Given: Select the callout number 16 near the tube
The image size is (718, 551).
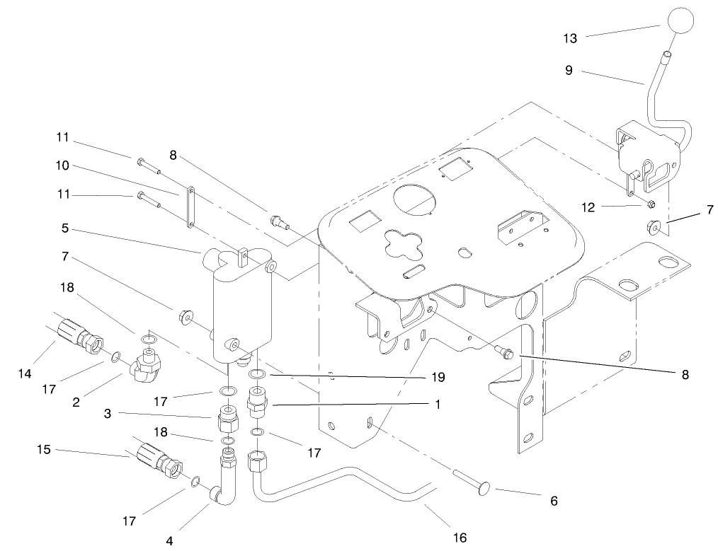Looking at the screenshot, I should (x=460, y=538).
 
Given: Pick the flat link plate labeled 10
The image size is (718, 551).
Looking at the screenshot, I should (x=191, y=206).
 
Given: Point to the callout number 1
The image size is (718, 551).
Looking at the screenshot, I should (x=438, y=405).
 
